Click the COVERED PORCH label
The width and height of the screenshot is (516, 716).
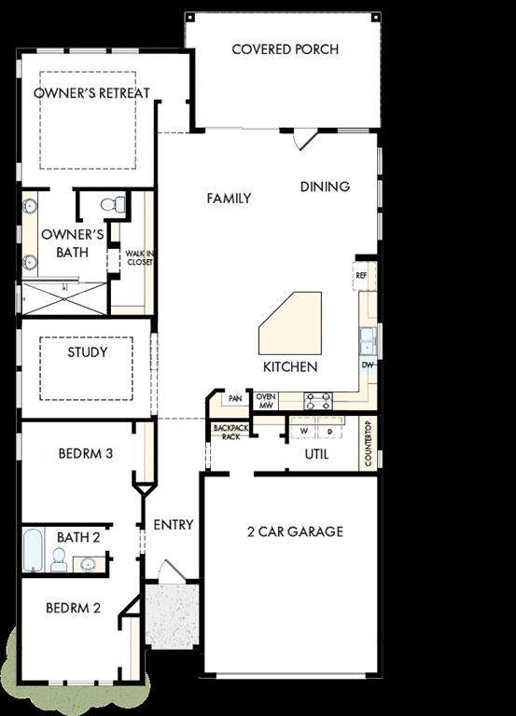pos(285,48)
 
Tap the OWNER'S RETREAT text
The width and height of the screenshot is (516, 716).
pos(91,93)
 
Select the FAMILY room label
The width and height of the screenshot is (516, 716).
pos(229,198)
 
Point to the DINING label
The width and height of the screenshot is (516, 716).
pos(325,186)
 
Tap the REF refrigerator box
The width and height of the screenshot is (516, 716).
pos(362,276)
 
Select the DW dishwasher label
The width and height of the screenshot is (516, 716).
pos(368,365)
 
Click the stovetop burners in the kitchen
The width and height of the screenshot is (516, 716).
pos(317,400)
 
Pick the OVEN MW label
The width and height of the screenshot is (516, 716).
pos(266,400)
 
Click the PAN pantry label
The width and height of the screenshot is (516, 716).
pos(235,399)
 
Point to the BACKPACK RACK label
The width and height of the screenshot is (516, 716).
pos(227,432)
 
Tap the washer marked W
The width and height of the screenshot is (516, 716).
pos(303,432)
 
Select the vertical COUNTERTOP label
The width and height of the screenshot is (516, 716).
pos(369,443)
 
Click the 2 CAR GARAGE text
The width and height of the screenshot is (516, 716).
pos(295,531)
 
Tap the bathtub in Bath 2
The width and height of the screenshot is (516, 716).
pos(33,550)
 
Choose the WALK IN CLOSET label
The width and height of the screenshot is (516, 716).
pos(140,257)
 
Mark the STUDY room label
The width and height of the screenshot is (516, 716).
pos(88,352)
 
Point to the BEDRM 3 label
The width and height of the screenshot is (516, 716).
pos(86,454)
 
